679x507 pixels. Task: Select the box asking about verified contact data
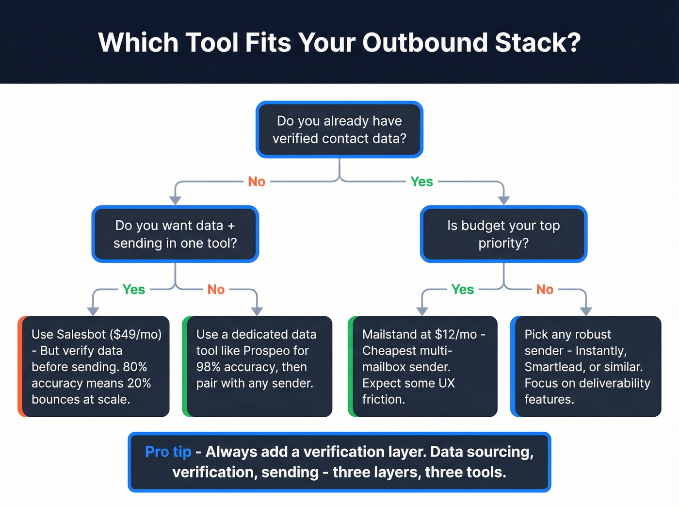click(339, 130)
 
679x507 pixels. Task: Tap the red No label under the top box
click(257, 181)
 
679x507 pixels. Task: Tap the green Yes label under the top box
click(421, 181)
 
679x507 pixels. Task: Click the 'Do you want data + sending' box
click(175, 234)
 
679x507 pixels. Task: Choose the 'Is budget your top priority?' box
click(503, 234)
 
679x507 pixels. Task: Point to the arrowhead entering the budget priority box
click(503, 200)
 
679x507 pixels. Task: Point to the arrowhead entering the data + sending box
click(175, 200)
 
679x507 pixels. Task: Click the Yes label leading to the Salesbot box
click(134, 290)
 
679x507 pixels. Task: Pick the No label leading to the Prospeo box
click(216, 290)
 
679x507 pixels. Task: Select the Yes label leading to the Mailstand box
click(462, 290)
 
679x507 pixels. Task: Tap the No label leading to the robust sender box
click(545, 290)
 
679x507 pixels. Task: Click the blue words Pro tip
click(168, 452)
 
